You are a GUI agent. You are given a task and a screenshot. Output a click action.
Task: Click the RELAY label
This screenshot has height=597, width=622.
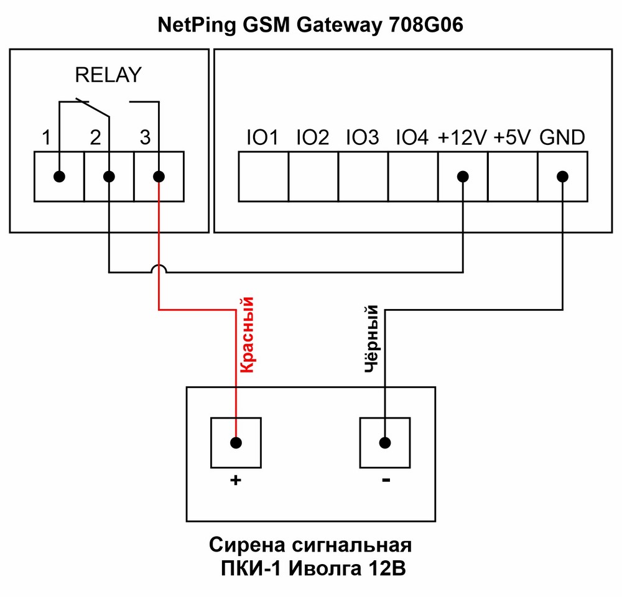(x=108, y=75)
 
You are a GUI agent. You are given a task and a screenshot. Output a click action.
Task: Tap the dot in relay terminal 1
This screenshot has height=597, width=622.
(x=59, y=177)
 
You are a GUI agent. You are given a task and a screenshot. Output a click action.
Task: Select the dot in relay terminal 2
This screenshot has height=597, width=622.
(x=109, y=177)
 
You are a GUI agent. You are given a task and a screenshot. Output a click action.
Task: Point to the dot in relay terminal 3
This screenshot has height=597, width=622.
(x=159, y=177)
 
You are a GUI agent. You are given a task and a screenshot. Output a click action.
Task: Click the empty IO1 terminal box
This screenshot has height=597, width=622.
(x=264, y=177)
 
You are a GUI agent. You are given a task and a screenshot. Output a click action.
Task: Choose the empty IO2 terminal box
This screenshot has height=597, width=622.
(x=313, y=177)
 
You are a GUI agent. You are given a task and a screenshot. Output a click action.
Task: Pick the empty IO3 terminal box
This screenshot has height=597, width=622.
(x=363, y=177)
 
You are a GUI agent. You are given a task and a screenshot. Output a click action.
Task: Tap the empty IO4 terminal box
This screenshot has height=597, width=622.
(x=413, y=177)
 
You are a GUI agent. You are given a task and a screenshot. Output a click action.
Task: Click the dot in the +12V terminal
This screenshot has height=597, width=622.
(x=463, y=177)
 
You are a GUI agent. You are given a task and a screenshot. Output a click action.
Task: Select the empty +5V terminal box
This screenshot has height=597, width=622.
(x=513, y=177)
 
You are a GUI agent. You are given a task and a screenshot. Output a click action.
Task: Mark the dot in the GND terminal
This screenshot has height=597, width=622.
(x=562, y=177)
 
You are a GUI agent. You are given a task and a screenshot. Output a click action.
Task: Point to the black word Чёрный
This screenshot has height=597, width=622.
(x=372, y=339)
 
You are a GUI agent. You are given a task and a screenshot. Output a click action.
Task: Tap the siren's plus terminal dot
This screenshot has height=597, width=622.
(x=236, y=443)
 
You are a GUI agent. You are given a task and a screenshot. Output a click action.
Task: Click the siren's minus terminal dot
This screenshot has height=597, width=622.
(x=385, y=443)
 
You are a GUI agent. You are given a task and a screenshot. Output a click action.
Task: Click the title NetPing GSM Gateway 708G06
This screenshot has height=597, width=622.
(x=310, y=25)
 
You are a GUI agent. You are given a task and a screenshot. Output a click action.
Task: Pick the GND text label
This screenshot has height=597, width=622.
(x=562, y=137)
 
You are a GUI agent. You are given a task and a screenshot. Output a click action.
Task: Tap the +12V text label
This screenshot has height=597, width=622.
(x=462, y=137)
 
